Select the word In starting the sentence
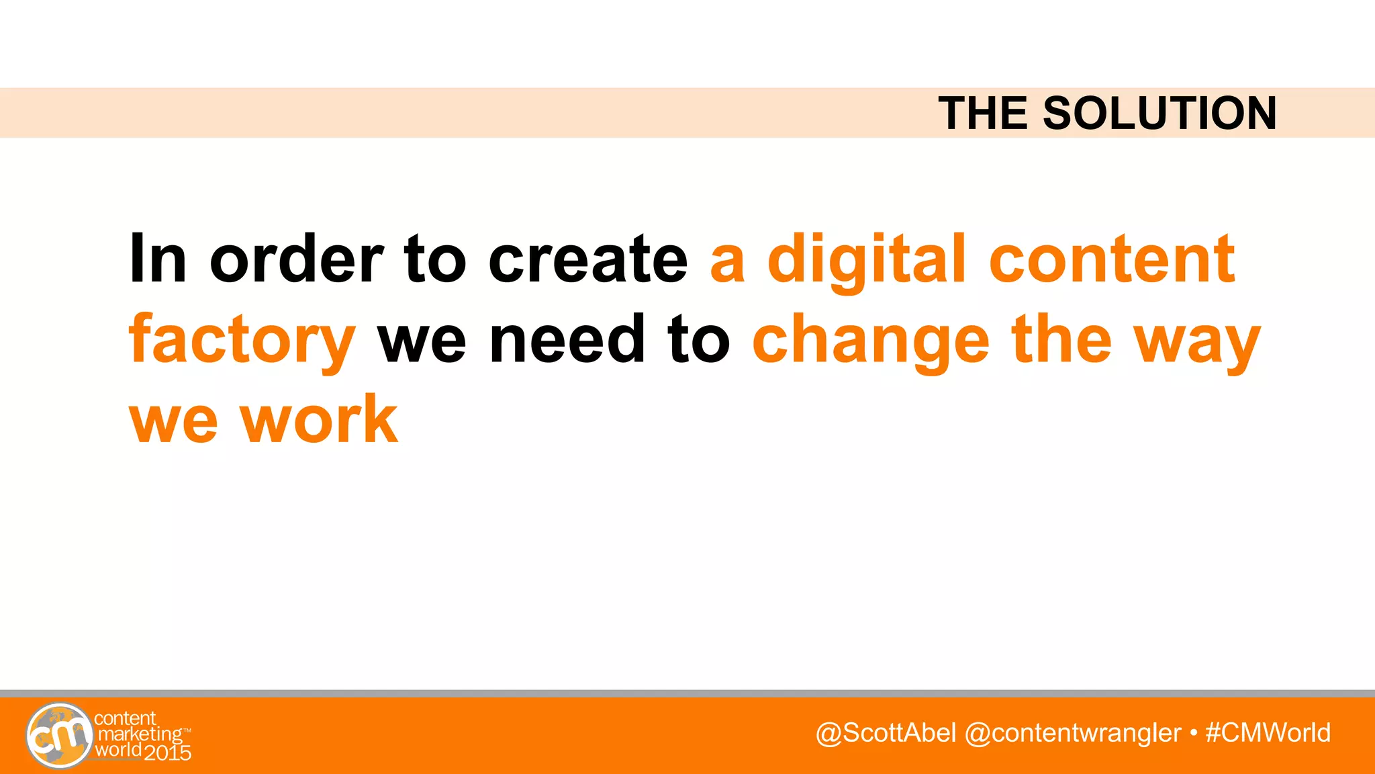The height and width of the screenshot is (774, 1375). (x=157, y=259)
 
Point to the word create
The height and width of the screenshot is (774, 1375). (x=588, y=259)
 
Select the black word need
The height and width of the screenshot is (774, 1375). (x=567, y=339)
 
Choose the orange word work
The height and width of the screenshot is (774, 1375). (x=319, y=420)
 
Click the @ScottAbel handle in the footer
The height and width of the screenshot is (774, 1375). (x=886, y=733)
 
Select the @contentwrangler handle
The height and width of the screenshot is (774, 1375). (x=1072, y=733)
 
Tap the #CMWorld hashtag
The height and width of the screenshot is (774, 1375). (x=1268, y=733)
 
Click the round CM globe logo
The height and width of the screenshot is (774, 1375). (x=59, y=735)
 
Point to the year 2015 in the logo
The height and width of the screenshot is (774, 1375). (x=168, y=752)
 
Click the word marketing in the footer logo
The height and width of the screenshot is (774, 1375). (x=140, y=734)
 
